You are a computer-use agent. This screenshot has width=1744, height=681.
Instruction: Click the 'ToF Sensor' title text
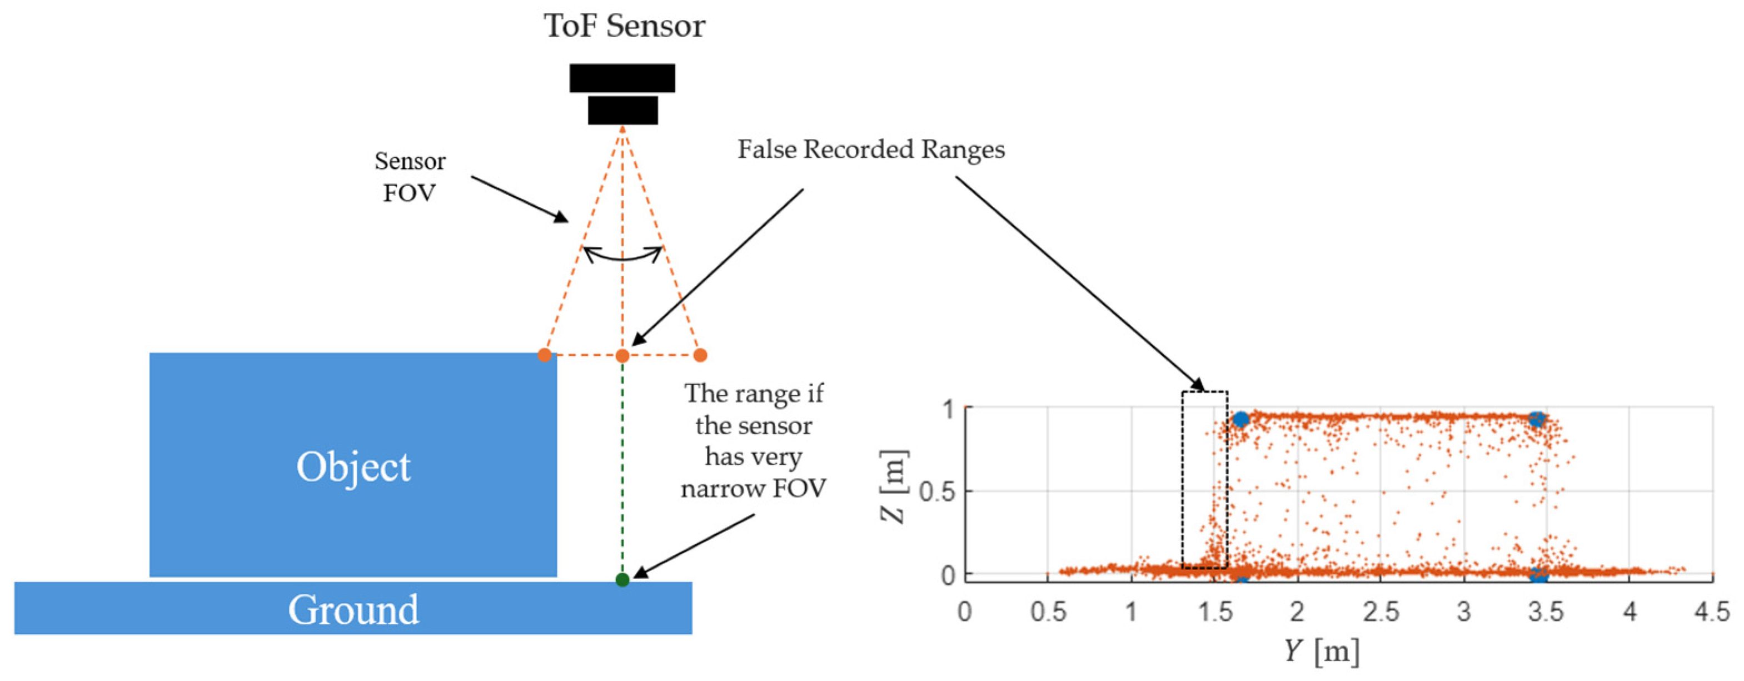pos(624,26)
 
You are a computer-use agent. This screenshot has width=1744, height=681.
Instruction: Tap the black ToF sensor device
pos(622,94)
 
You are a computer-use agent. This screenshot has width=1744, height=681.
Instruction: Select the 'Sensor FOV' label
pos(410,177)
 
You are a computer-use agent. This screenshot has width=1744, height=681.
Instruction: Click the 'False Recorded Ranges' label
pos(871,150)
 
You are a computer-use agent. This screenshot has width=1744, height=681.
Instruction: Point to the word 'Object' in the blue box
pos(353,466)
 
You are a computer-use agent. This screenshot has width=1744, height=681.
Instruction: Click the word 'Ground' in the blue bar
pos(353,609)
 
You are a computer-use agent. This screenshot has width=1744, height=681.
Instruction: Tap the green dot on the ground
pos(622,579)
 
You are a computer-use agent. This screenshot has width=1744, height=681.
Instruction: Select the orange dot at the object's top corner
pos(544,355)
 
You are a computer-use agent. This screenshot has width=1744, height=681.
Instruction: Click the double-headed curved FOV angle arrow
pos(622,255)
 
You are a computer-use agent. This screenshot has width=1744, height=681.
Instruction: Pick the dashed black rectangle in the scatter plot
pos(1204,479)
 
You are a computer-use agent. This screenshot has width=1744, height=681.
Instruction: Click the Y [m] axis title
pos(1322,651)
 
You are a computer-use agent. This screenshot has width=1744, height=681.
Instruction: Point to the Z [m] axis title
pos(893,486)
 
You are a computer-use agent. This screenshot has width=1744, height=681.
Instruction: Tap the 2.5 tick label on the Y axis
pos(1380,612)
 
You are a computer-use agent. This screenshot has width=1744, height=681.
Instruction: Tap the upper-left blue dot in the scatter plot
pos(1240,419)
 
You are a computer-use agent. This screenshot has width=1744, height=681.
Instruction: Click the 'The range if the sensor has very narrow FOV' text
pos(754,441)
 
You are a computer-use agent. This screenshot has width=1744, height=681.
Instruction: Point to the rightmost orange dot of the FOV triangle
pos(700,355)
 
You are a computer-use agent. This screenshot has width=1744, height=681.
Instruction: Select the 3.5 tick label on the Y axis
pos(1546,612)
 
